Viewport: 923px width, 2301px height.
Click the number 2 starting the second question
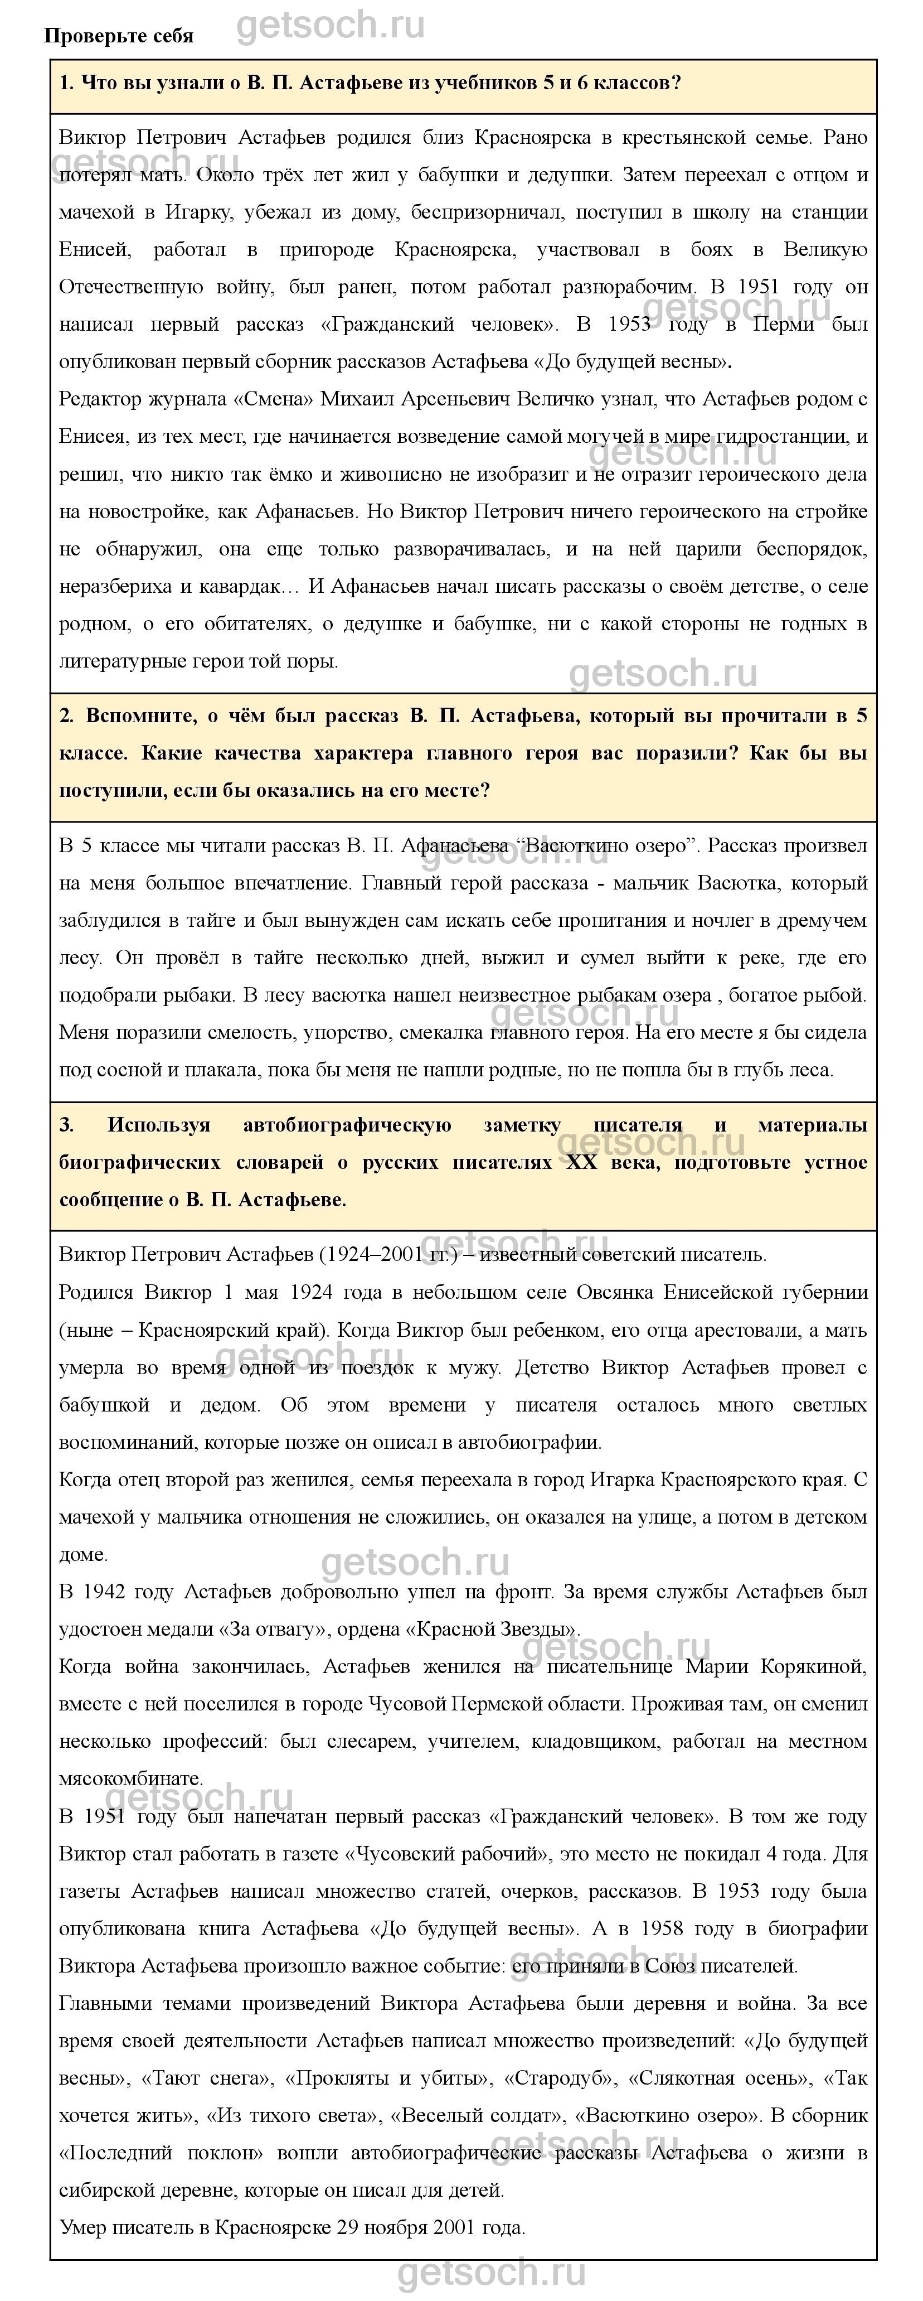click(66, 717)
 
